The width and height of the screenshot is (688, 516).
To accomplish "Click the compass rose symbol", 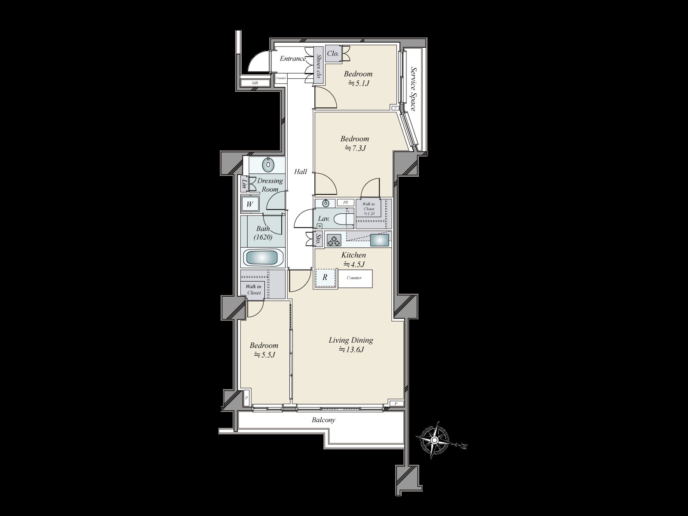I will click(x=434, y=440).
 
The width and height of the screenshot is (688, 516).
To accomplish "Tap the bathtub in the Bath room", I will click(x=263, y=258).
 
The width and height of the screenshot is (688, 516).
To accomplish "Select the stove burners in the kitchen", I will click(x=334, y=240).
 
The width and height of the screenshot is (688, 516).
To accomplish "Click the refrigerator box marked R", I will click(x=325, y=278).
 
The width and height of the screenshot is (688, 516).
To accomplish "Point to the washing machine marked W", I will click(x=250, y=204).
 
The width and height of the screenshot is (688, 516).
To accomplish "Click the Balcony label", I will click(x=323, y=420).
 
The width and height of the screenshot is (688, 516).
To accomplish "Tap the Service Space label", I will click(x=414, y=89).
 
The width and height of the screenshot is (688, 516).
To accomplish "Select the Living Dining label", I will click(x=351, y=340).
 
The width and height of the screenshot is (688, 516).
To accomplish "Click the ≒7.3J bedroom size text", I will click(x=355, y=148).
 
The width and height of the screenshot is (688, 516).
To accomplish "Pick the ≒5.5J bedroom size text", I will click(x=264, y=355).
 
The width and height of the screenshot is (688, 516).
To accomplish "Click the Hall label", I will click(x=301, y=172).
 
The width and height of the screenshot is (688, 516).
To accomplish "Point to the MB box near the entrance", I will click(x=255, y=83).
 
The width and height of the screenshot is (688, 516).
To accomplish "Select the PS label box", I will click(x=345, y=203).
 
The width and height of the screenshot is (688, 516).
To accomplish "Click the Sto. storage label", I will click(x=319, y=240).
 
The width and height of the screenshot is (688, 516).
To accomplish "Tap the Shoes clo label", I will click(x=319, y=66).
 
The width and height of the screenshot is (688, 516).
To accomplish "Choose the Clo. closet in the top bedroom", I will click(x=333, y=54).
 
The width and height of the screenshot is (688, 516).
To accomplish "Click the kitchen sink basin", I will click(x=380, y=240).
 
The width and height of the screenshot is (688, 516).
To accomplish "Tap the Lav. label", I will click(x=324, y=219).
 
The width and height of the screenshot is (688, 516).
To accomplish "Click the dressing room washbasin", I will click(x=269, y=164).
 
